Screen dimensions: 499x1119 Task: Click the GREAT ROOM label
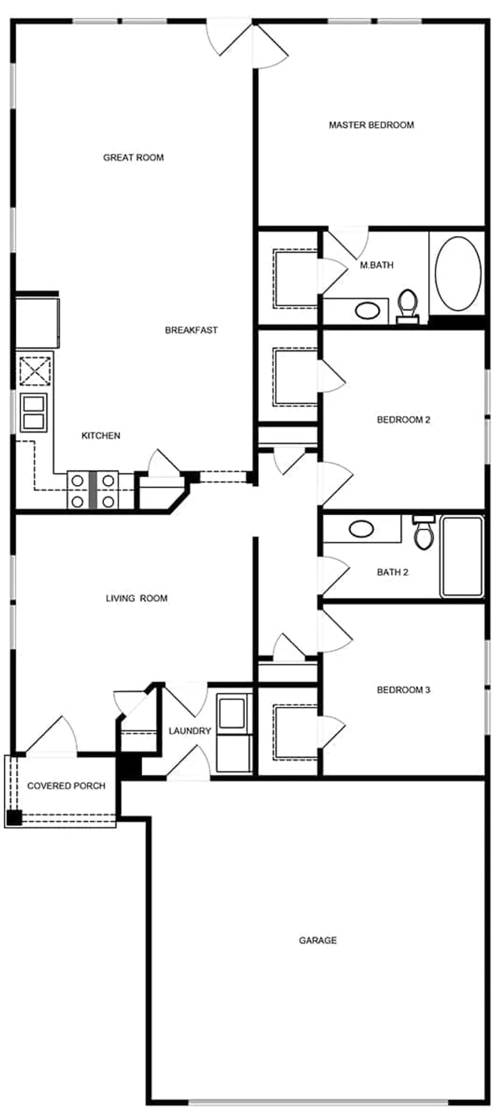click(x=133, y=157)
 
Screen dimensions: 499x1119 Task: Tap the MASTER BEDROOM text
click(x=371, y=125)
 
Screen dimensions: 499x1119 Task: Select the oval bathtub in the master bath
click(x=458, y=273)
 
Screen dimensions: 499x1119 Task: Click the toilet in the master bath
click(x=408, y=306)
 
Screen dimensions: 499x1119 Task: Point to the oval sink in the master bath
click(x=367, y=310)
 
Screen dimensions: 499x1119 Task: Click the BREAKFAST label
click(x=191, y=330)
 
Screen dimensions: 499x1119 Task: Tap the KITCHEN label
click(x=101, y=436)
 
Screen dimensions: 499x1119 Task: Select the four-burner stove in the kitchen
click(x=93, y=490)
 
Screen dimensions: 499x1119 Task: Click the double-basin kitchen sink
click(x=33, y=412)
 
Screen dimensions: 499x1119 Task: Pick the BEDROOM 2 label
click(x=404, y=419)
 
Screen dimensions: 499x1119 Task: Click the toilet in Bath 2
click(x=424, y=532)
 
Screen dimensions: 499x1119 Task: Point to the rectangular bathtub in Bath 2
click(x=462, y=557)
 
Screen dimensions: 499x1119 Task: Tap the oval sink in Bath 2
click(x=361, y=528)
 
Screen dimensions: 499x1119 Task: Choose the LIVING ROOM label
click(x=136, y=598)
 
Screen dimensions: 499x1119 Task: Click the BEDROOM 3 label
click(x=404, y=690)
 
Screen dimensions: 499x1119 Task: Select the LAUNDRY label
click(x=190, y=731)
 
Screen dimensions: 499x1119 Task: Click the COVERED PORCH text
click(x=67, y=786)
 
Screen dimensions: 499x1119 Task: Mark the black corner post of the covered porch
click(x=14, y=819)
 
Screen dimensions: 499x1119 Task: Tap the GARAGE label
click(x=318, y=940)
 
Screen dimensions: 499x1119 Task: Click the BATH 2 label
click(x=393, y=573)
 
